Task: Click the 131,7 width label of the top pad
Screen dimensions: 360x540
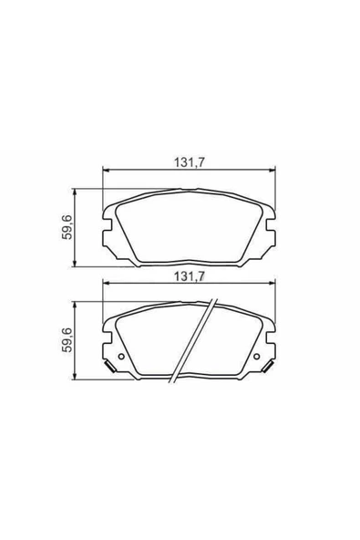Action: click(x=189, y=161)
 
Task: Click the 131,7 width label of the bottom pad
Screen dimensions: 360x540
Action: click(x=189, y=276)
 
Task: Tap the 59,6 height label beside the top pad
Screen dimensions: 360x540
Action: click(x=67, y=227)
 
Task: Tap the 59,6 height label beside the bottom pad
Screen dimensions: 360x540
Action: click(x=67, y=340)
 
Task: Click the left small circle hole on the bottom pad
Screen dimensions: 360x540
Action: click(x=121, y=357)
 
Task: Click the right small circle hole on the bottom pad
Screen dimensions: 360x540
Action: click(x=257, y=357)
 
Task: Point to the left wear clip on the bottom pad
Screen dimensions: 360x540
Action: click(x=109, y=366)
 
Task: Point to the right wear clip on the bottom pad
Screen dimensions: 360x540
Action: click(x=268, y=366)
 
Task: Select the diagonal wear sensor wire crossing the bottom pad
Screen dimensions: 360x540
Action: click(x=193, y=341)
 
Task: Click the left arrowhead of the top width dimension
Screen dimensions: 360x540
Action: click(x=106, y=170)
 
